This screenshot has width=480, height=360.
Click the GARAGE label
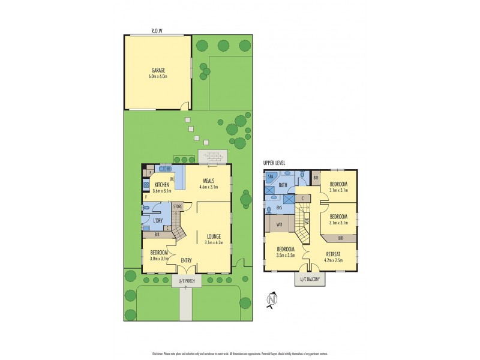[x=158, y=70]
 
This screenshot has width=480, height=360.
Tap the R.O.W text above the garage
[x=158, y=31]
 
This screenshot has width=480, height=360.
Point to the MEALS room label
[x=209, y=180]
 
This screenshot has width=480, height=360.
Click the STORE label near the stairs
[x=178, y=206]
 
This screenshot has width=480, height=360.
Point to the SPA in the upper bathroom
[x=271, y=177]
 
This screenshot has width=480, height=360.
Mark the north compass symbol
[x=271, y=299]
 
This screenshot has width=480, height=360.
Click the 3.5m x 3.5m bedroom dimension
[x=286, y=256]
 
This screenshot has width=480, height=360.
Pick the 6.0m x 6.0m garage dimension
[x=158, y=76]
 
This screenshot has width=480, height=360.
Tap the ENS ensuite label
[x=278, y=208]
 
